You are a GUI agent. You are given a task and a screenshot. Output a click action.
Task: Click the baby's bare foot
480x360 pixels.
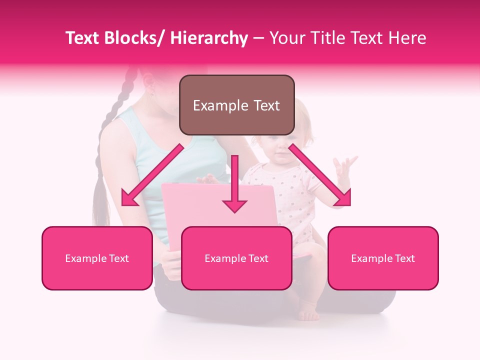[x=309, y=313]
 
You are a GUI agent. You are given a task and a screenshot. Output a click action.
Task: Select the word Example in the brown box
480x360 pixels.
[x=218, y=105]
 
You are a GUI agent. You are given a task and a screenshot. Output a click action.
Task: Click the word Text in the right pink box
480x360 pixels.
[x=404, y=258]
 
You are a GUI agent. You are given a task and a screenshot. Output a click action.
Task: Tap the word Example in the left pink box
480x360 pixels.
[x=84, y=258]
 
